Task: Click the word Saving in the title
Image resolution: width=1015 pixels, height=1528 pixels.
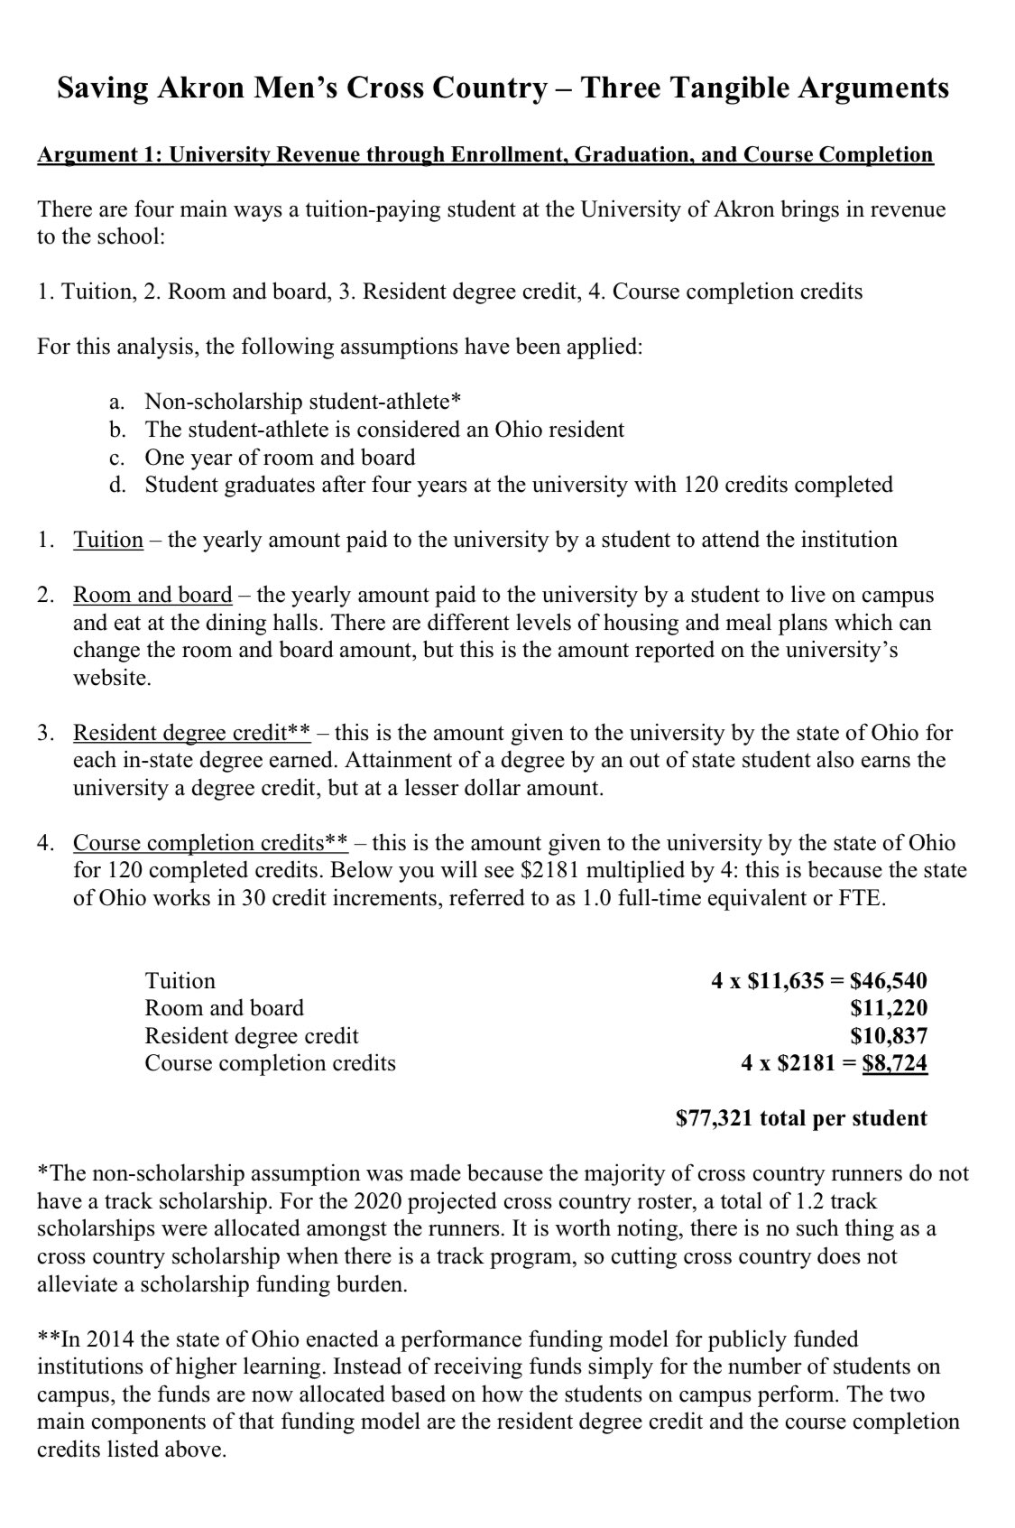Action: (102, 88)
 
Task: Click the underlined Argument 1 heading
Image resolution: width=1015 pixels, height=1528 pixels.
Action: (484, 154)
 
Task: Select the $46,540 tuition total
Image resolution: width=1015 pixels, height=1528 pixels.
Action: (888, 981)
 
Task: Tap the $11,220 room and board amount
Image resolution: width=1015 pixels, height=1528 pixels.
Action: (888, 1008)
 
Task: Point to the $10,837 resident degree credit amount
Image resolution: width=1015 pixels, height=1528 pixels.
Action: (888, 1036)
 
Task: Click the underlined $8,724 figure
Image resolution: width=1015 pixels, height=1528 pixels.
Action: (894, 1063)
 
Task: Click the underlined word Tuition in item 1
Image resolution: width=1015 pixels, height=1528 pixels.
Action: (107, 541)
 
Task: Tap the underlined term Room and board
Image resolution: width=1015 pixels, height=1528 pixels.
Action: (152, 596)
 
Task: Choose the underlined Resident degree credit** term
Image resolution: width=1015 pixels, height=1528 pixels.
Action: (191, 733)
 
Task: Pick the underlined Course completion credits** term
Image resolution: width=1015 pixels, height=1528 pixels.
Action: (209, 843)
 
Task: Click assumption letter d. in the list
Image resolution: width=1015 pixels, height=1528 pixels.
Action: (117, 486)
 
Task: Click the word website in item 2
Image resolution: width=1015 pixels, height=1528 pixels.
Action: (111, 679)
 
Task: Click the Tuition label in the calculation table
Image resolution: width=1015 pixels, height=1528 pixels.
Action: (180, 981)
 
